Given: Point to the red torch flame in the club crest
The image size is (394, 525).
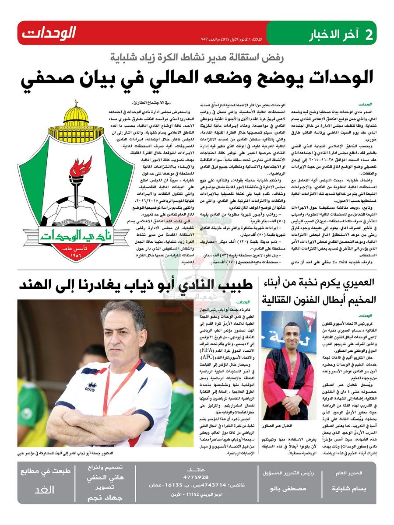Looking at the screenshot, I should coord(81,168).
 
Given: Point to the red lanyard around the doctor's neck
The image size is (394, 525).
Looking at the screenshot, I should coord(123,385).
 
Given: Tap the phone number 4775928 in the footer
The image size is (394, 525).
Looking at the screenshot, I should coord(196,476).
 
